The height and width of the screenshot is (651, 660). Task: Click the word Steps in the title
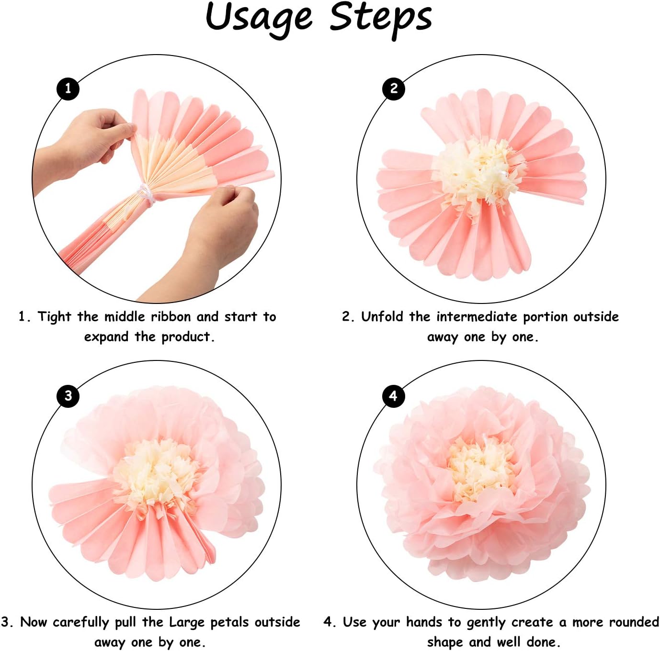(381, 17)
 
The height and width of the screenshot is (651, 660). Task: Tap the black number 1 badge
(68, 89)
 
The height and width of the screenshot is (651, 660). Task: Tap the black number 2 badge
(394, 89)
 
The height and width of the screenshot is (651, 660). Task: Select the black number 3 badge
(68, 396)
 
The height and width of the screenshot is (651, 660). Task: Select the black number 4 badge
(394, 396)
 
